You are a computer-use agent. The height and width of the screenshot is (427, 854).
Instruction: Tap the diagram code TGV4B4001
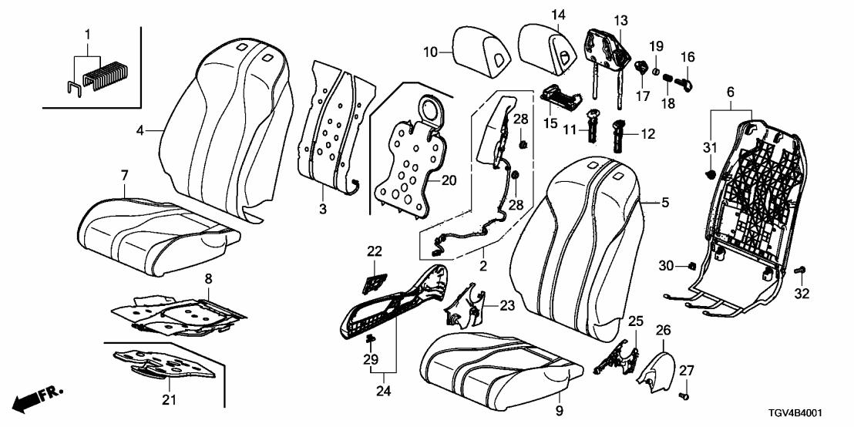(812, 414)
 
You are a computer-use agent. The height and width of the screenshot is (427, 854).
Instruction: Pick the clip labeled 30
(691, 267)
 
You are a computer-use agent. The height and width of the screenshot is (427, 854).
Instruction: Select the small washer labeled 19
(656, 71)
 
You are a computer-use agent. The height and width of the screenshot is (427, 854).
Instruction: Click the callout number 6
(730, 91)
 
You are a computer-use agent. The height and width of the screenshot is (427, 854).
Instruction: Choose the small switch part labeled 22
(375, 284)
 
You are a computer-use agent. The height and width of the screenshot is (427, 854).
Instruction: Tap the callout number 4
(141, 131)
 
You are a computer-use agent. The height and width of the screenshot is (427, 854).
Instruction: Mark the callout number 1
(87, 35)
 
